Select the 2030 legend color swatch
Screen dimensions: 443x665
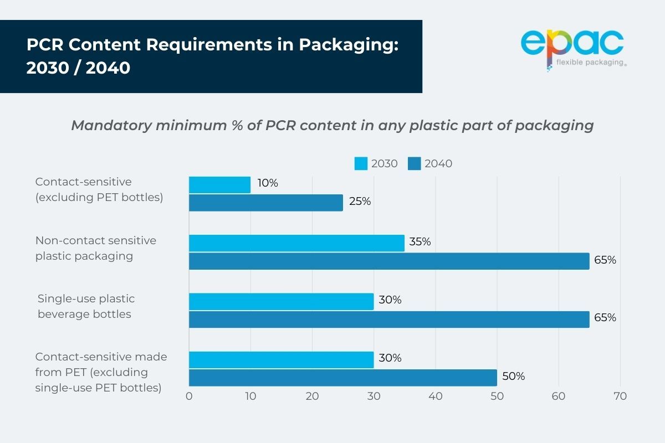[x=361, y=163]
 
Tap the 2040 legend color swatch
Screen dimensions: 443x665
[x=415, y=163]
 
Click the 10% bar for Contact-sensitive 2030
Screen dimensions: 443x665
[x=219, y=185]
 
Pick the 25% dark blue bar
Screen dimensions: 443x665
[x=266, y=203]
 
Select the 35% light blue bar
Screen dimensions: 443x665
[x=296, y=243]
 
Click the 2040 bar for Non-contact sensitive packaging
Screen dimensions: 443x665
[x=389, y=261]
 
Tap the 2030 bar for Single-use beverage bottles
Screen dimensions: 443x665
[x=281, y=301]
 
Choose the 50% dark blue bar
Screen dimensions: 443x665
[x=342, y=377]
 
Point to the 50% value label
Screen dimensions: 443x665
[x=513, y=377]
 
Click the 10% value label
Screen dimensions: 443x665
[x=267, y=183]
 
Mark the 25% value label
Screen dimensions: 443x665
[x=360, y=202]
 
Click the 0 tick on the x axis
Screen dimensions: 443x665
[x=189, y=396]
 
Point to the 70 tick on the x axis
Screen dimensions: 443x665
[x=620, y=396]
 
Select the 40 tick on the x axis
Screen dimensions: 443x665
[x=436, y=396]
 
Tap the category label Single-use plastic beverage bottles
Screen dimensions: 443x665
[x=86, y=306]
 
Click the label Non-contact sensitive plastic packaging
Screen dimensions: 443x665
[x=95, y=248]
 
